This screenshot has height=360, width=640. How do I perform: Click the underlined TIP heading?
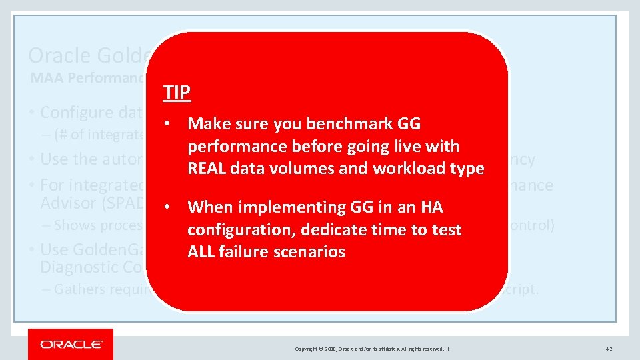177,92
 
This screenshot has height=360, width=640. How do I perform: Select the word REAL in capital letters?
207,169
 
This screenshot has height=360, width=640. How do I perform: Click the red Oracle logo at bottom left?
71,344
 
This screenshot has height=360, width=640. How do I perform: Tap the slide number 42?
609,349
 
